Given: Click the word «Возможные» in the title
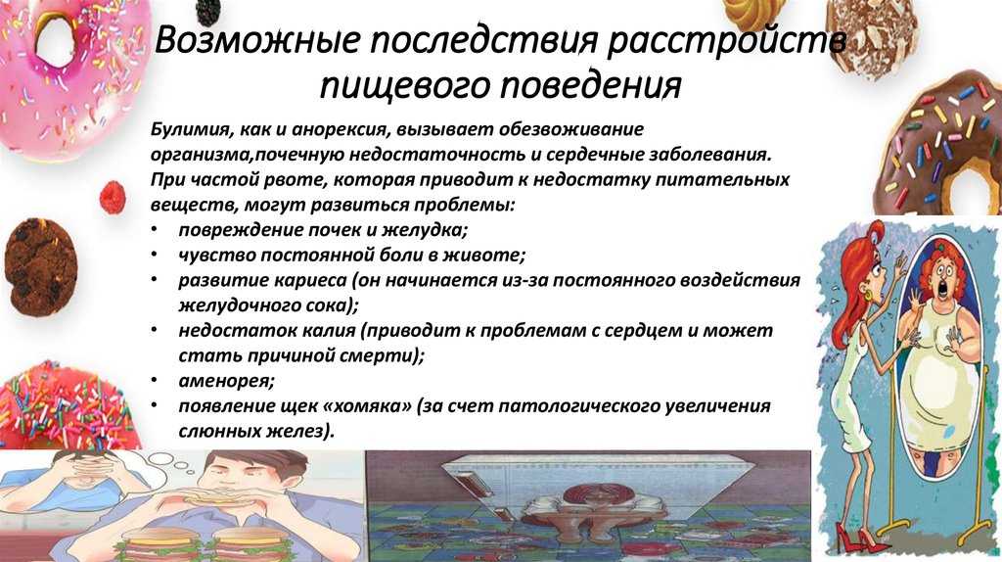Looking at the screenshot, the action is [x=258, y=41].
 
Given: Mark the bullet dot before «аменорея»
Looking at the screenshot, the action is [x=154, y=381].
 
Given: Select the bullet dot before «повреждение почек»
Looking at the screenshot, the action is [x=154, y=230].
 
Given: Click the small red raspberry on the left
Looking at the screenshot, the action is [x=113, y=197].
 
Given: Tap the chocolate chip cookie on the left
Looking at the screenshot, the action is [x=40, y=266].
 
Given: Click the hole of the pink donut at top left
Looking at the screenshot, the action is [x=56, y=39].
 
